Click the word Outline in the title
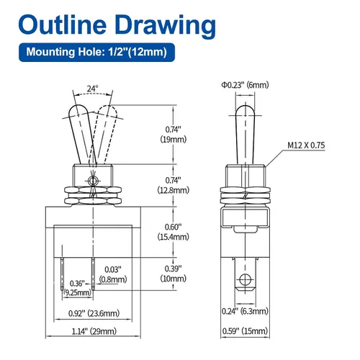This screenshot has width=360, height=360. click(63, 24)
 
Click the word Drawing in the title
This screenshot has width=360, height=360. click(166, 27)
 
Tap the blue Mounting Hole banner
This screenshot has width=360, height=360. click(96, 52)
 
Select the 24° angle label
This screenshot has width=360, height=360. click(92, 89)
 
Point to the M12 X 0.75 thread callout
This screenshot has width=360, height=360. click(306, 145)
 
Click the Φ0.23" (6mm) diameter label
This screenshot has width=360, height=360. click(245, 85)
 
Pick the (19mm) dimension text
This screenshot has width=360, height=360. click(174, 140)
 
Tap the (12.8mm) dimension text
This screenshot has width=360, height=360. click(174, 190)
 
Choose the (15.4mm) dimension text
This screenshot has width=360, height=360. click(174, 237)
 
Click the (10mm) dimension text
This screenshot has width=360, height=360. click(174, 279)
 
